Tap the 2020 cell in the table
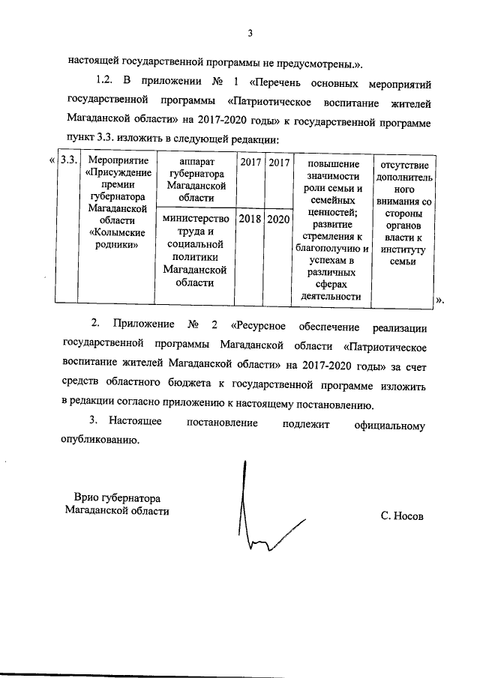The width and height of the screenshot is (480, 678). (x=278, y=219)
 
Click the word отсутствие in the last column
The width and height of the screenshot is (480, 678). (x=406, y=164)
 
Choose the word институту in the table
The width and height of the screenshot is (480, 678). (x=406, y=249)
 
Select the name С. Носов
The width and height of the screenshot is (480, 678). (x=401, y=517)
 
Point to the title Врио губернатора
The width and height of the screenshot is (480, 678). (x=118, y=498)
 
